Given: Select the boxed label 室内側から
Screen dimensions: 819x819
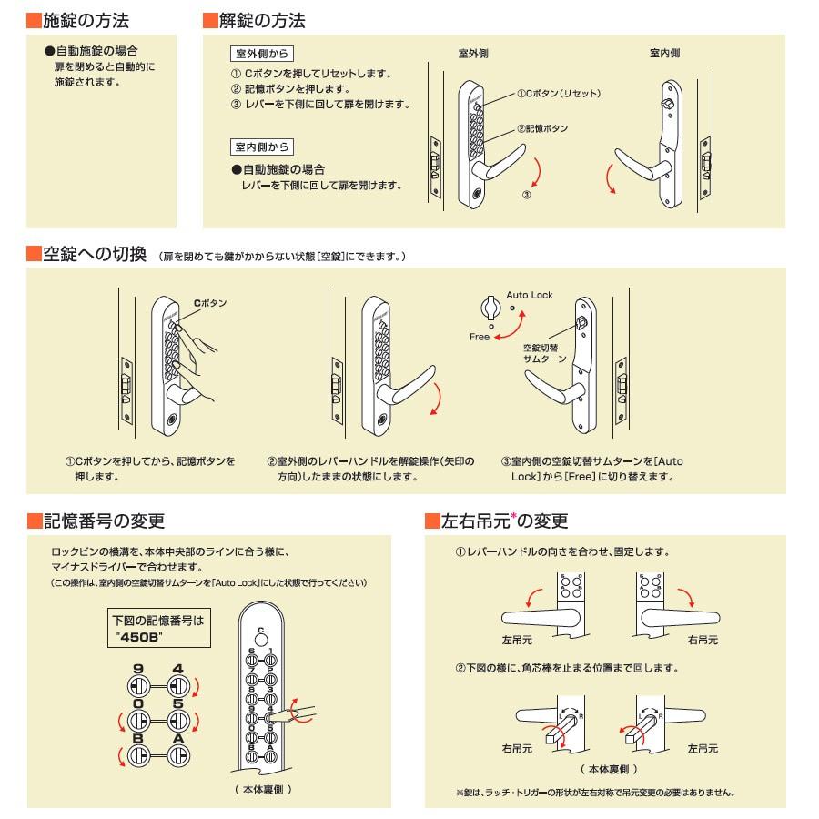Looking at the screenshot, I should (x=261, y=147).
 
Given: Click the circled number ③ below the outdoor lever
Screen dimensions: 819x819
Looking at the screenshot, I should (x=526, y=195).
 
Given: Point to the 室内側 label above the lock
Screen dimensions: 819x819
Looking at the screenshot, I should (x=664, y=54).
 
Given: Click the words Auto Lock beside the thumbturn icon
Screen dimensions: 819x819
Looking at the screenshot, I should (x=530, y=295).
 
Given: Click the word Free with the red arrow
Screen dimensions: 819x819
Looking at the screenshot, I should (x=480, y=337).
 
